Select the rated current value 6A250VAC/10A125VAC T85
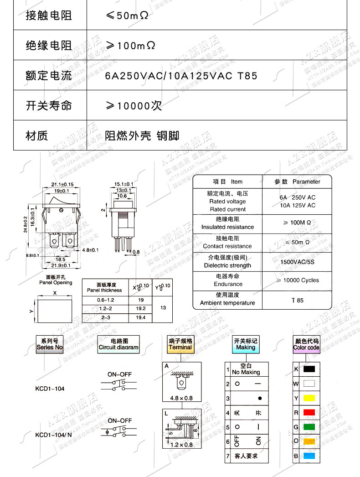(x=181, y=75)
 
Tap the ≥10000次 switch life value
(x=134, y=106)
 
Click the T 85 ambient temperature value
(x=297, y=300)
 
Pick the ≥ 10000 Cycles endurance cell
(x=298, y=280)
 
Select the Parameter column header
(x=297, y=181)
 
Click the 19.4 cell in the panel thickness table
(x=140, y=317)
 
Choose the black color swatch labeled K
(x=309, y=368)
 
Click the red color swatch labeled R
(x=309, y=412)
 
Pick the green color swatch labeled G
(x=309, y=427)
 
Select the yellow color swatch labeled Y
(x=309, y=398)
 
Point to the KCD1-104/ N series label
(x=53, y=435)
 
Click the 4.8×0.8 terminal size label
(x=181, y=398)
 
